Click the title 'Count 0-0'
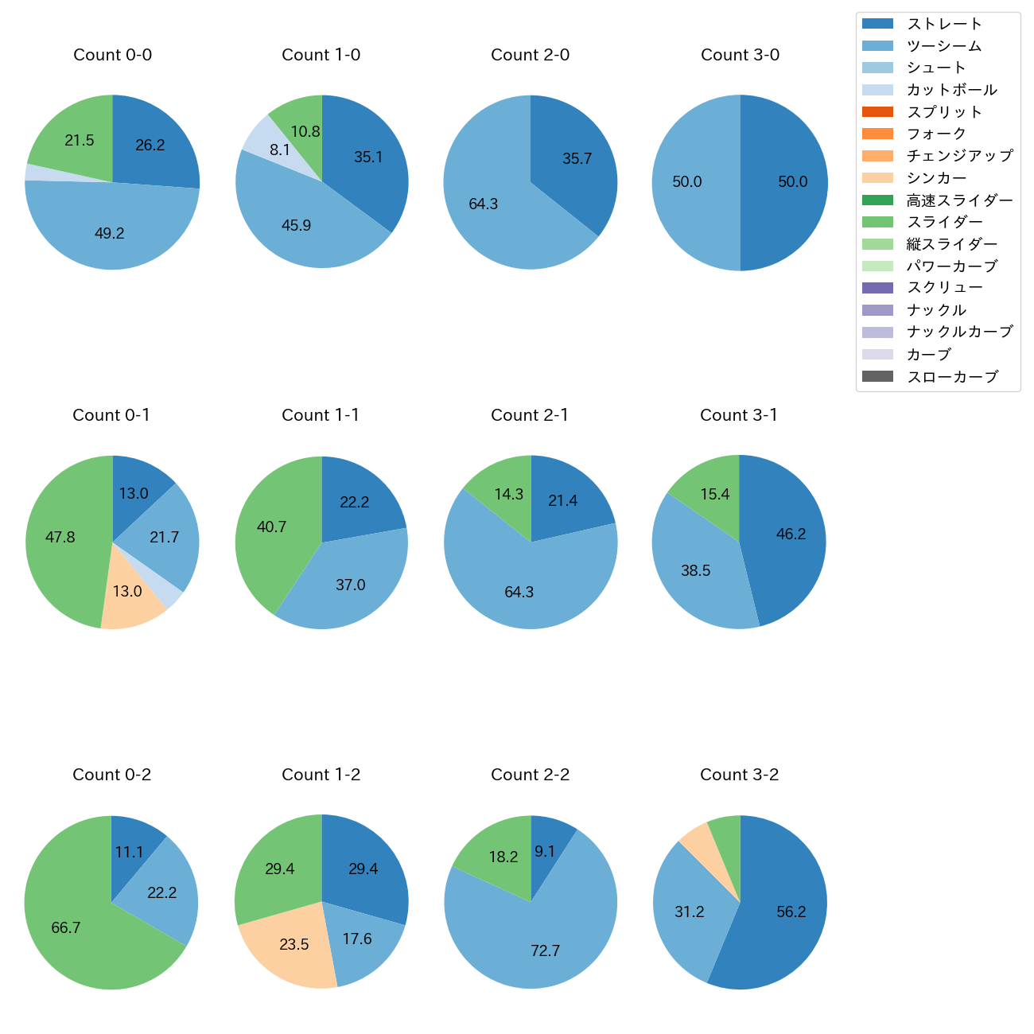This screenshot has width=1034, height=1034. pos(112,55)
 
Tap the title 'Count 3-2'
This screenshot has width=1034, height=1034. pos(739,775)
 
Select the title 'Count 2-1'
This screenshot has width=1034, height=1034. pos(530,415)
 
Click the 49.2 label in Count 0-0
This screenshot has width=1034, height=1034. pos(109,233)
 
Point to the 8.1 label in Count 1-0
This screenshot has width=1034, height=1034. pos(279,150)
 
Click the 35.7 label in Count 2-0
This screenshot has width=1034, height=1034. pos(577,158)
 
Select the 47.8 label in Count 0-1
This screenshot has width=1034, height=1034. pos(60,537)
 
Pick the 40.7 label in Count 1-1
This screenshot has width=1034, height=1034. pos(271,527)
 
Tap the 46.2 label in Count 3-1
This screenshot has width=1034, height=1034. pos(791,534)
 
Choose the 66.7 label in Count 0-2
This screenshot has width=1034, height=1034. pos(65,927)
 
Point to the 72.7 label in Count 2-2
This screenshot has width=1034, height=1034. pos(545,950)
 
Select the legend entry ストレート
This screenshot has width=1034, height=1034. pos(943,24)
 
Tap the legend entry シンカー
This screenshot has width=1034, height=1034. pos(936,178)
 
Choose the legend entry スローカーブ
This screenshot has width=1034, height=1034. pos(952,377)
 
